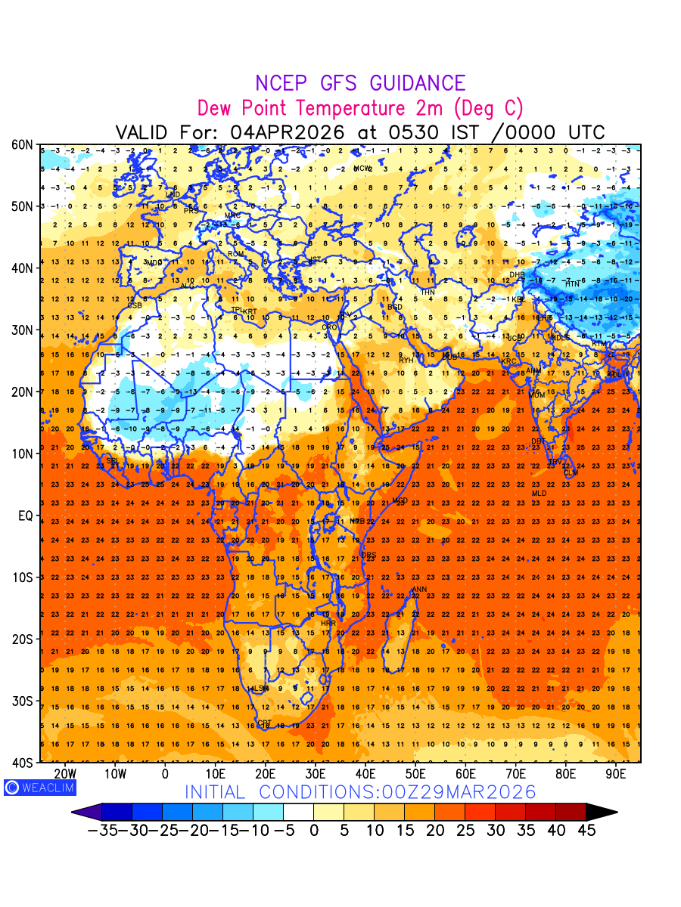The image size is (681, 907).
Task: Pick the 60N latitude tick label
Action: (x=22, y=144)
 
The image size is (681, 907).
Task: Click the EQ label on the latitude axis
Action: (x=24, y=515)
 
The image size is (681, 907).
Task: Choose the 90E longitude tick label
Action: (x=616, y=773)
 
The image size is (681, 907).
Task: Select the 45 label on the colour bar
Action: (x=586, y=830)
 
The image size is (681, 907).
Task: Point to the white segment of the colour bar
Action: (x=298, y=812)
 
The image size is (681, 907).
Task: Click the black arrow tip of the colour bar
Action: (x=603, y=812)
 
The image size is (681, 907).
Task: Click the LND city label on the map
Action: (x=173, y=194)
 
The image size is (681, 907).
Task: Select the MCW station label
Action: (x=363, y=168)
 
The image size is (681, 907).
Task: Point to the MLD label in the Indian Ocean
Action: (x=539, y=494)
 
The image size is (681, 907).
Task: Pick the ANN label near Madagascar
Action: (x=418, y=590)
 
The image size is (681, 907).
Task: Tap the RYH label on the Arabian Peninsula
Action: (x=406, y=361)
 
